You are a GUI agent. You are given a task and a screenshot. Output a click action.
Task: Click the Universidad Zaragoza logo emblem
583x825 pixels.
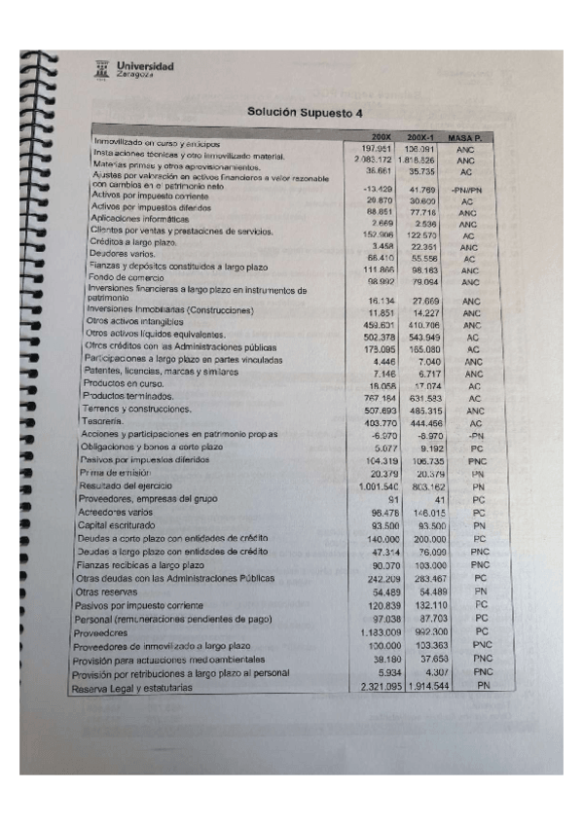click(x=100, y=68)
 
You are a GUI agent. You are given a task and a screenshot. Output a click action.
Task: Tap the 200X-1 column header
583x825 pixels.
click(x=420, y=139)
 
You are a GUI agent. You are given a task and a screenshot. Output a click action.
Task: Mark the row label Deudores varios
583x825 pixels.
click(x=114, y=253)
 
